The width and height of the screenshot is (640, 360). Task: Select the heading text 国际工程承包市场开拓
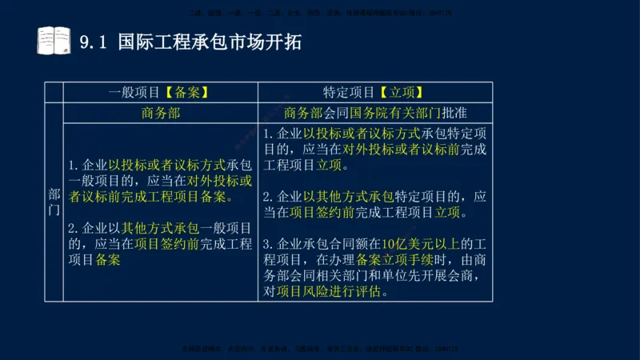tap(210, 42)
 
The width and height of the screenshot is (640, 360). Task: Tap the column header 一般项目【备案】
tap(160, 92)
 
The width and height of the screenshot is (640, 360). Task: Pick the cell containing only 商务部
tap(160, 113)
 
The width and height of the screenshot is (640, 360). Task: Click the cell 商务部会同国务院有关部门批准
tap(375, 113)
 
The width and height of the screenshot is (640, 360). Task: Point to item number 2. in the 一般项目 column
tap(74, 228)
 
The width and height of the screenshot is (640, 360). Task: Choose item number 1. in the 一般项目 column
tap(74, 166)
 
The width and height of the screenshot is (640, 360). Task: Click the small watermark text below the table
tap(320, 350)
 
